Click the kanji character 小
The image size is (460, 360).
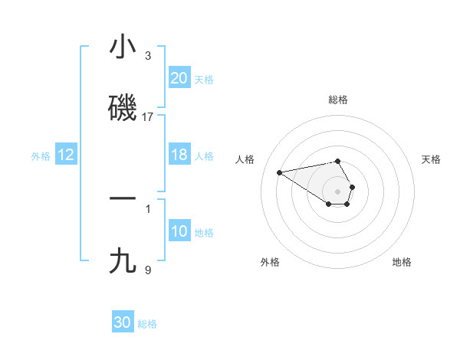(123, 47)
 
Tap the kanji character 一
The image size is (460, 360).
(123, 198)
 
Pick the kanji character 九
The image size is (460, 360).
(123, 261)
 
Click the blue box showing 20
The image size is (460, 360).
(179, 77)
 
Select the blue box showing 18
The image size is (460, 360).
(179, 155)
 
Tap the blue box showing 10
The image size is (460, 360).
(179, 231)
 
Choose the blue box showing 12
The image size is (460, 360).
(66, 155)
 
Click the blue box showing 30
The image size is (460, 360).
(123, 322)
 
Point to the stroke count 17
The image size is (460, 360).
(148, 116)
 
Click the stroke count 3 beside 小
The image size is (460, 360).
(148, 55)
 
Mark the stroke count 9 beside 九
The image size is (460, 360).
(148, 269)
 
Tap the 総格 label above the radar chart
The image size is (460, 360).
(338, 100)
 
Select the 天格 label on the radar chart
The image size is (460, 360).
(431, 159)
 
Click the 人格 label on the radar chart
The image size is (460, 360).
(245, 159)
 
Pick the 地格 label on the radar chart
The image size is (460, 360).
(402, 262)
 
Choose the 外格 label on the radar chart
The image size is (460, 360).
(270, 262)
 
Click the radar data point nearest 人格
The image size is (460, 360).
(280, 172)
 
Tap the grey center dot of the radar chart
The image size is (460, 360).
(338, 190)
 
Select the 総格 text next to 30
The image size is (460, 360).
(147, 324)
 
